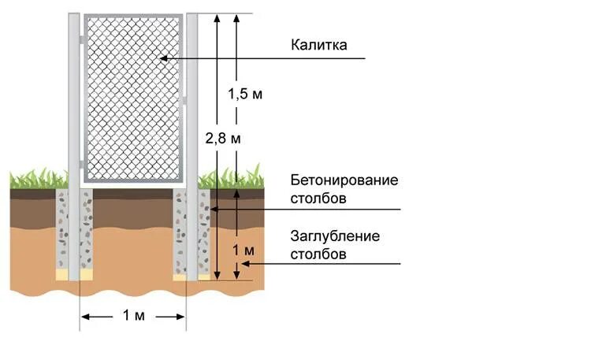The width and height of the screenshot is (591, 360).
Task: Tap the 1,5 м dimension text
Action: click(x=244, y=95)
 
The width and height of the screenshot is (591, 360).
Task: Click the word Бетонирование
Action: click(x=344, y=180)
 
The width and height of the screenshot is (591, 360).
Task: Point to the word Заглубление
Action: click(x=335, y=236)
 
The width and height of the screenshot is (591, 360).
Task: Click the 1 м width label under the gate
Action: click(x=133, y=316)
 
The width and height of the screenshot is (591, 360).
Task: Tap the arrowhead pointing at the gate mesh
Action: click(x=162, y=58)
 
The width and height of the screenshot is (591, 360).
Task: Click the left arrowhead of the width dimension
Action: click(x=84, y=316)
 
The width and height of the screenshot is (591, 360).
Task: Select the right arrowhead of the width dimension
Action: click(x=181, y=316)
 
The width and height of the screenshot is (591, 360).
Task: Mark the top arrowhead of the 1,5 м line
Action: click(x=234, y=17)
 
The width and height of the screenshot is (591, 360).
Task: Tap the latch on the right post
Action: click(x=184, y=99)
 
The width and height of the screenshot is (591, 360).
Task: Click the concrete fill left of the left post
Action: click(x=63, y=228)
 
